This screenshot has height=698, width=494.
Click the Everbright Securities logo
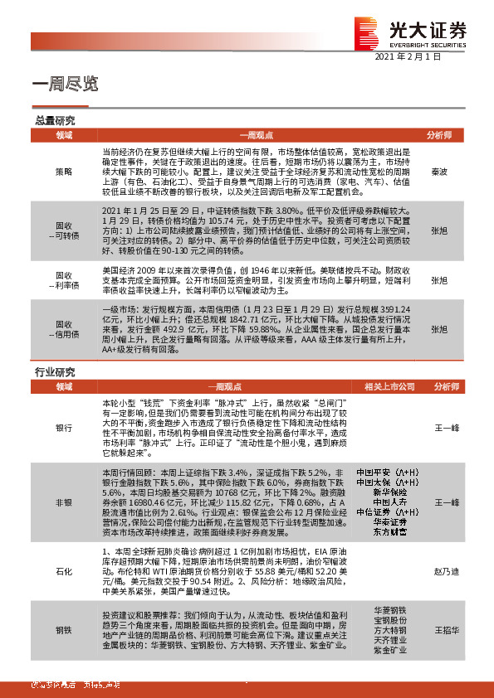click(410, 31)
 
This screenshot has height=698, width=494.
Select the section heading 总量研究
click(52, 120)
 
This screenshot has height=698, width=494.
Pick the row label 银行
click(64, 428)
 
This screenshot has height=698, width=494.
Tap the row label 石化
click(64, 571)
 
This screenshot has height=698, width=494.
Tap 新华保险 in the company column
click(383, 491)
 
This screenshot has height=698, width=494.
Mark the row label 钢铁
click(64, 631)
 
